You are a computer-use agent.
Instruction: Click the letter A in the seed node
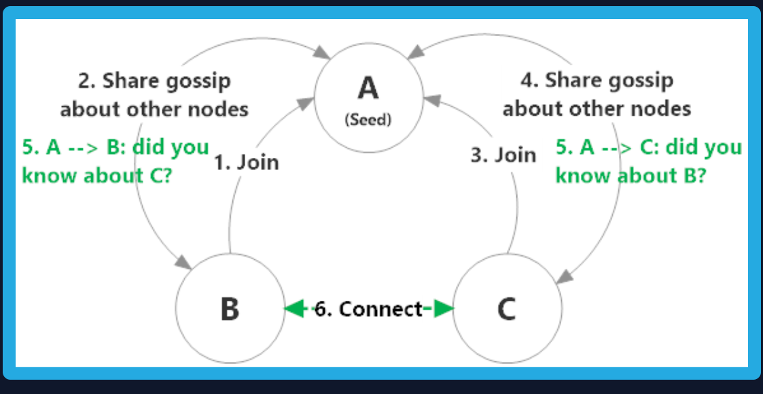coord(368,88)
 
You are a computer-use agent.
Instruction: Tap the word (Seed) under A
coord(368,120)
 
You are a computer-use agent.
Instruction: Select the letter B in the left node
coord(230,309)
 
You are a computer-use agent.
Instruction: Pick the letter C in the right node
coord(506,309)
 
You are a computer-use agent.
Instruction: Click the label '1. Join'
coord(246,163)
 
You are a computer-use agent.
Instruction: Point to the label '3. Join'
coord(503,155)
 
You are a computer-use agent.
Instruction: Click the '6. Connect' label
coord(368,309)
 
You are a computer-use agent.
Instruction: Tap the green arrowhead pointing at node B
coord(293,309)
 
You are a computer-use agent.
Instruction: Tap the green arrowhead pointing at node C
coord(443,309)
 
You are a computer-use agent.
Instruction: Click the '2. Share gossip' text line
coord(154,81)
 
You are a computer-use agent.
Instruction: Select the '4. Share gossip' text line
coord(597,80)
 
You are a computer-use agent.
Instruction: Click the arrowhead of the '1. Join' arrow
coord(309,102)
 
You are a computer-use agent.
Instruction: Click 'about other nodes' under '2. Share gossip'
coord(154,108)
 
